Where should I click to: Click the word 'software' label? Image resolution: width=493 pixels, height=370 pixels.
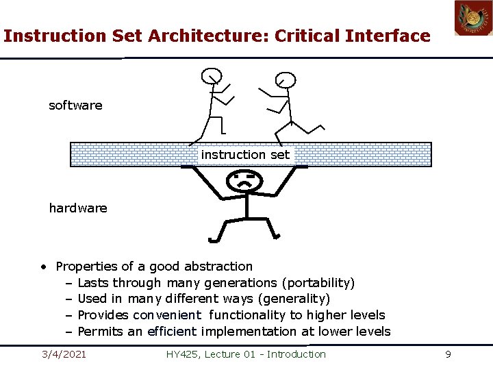(75, 106)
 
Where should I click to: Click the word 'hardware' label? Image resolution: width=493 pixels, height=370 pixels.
(78, 208)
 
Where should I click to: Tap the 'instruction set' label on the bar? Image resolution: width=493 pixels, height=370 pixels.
(245, 155)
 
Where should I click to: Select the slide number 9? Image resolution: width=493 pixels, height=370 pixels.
(448, 354)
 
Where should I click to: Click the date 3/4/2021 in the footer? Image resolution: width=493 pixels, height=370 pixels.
(64, 354)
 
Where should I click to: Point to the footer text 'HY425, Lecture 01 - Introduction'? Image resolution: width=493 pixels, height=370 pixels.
(246, 354)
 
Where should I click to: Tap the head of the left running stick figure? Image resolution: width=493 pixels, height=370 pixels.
(212, 75)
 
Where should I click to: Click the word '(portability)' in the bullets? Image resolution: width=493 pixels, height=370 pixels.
(318, 282)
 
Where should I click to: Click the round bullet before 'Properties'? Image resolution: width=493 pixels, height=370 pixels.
(43, 267)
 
